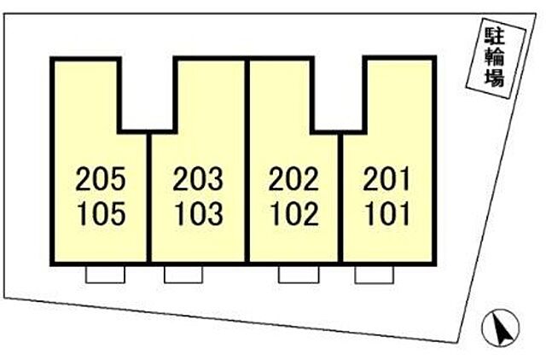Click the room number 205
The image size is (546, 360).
tap(101, 179)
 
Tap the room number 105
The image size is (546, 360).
tap(101, 214)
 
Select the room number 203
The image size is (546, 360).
tap(198, 179)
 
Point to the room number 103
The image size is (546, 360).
tap(199, 214)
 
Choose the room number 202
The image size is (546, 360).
tap(293, 179)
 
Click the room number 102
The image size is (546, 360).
tap(294, 214)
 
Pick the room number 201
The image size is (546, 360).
tap(386, 179)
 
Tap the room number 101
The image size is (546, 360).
tap(386, 214)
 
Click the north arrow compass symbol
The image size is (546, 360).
tap(501, 328)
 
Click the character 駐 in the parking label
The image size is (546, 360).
tap(496, 36)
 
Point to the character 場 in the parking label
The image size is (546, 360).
tap(495, 78)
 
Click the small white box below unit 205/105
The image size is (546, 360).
tap(105, 275)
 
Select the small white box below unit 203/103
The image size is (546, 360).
tap(183, 275)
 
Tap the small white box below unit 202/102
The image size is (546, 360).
tap(299, 275)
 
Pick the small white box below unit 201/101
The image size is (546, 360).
tap(375, 275)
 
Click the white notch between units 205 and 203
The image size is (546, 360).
tap(148, 94)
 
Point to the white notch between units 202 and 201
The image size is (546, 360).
tap(339, 94)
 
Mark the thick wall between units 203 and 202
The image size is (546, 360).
tap(247, 160)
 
